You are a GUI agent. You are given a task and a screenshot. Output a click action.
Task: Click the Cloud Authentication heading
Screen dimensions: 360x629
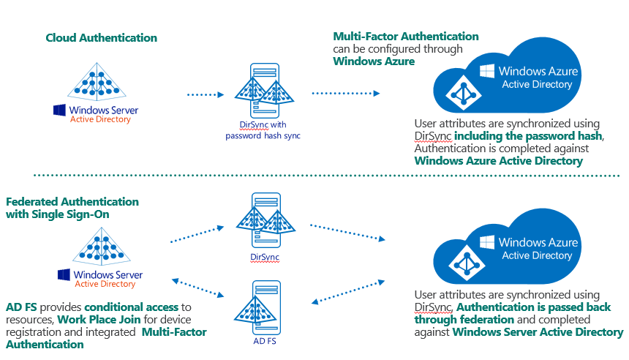[101, 37]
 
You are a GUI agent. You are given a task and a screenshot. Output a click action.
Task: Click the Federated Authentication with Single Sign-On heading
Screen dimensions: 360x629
[72, 207]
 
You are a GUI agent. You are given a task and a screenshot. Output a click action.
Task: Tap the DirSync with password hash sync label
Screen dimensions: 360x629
[263, 130]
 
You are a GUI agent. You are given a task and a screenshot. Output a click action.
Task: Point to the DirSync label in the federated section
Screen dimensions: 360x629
[264, 257]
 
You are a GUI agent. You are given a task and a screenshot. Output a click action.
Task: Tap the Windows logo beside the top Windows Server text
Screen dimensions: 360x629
[59, 110]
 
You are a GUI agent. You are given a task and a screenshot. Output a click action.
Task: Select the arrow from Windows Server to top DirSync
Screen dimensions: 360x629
[206, 94]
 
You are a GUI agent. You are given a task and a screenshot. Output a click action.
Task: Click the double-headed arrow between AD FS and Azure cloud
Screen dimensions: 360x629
[348, 291]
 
